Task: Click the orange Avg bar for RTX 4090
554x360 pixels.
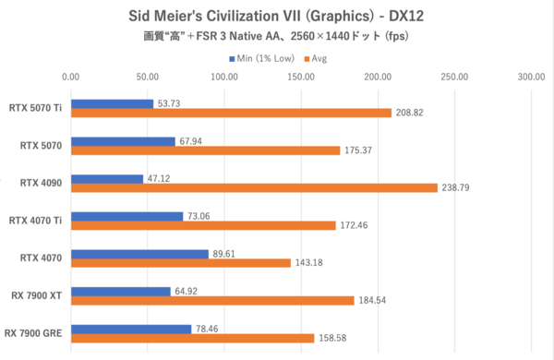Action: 254,187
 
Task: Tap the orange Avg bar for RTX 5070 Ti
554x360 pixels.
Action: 231,113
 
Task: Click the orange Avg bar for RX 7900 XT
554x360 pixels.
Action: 212,300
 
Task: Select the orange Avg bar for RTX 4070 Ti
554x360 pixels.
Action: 203,225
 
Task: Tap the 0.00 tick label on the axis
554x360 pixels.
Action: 70,78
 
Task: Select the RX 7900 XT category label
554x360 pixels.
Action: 36,295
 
